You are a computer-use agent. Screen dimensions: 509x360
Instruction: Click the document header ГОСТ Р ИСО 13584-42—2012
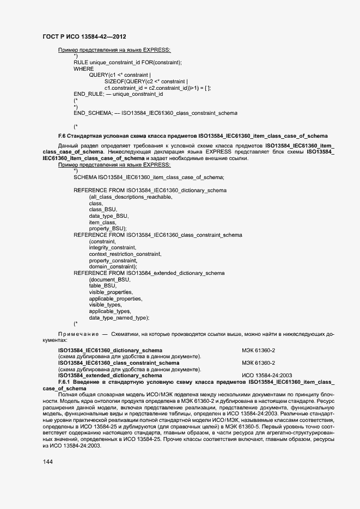[84, 36]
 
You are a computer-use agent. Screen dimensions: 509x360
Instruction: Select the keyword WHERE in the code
[83, 69]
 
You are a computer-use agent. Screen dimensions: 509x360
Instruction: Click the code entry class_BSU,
[103, 210]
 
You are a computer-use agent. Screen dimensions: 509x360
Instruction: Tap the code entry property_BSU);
[108, 229]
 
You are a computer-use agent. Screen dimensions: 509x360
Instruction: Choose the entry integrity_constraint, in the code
[112, 248]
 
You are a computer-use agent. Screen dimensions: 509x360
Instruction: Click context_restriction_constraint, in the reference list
[125, 254]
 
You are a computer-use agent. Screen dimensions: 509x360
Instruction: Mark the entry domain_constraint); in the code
[113, 267]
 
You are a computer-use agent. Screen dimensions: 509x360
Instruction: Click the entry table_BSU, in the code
[103, 286]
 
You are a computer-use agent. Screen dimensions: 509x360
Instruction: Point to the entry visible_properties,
[111, 292]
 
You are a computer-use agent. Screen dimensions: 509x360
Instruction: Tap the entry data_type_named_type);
[119, 317]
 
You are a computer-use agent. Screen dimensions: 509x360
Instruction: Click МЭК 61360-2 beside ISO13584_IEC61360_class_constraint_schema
[259, 363]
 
